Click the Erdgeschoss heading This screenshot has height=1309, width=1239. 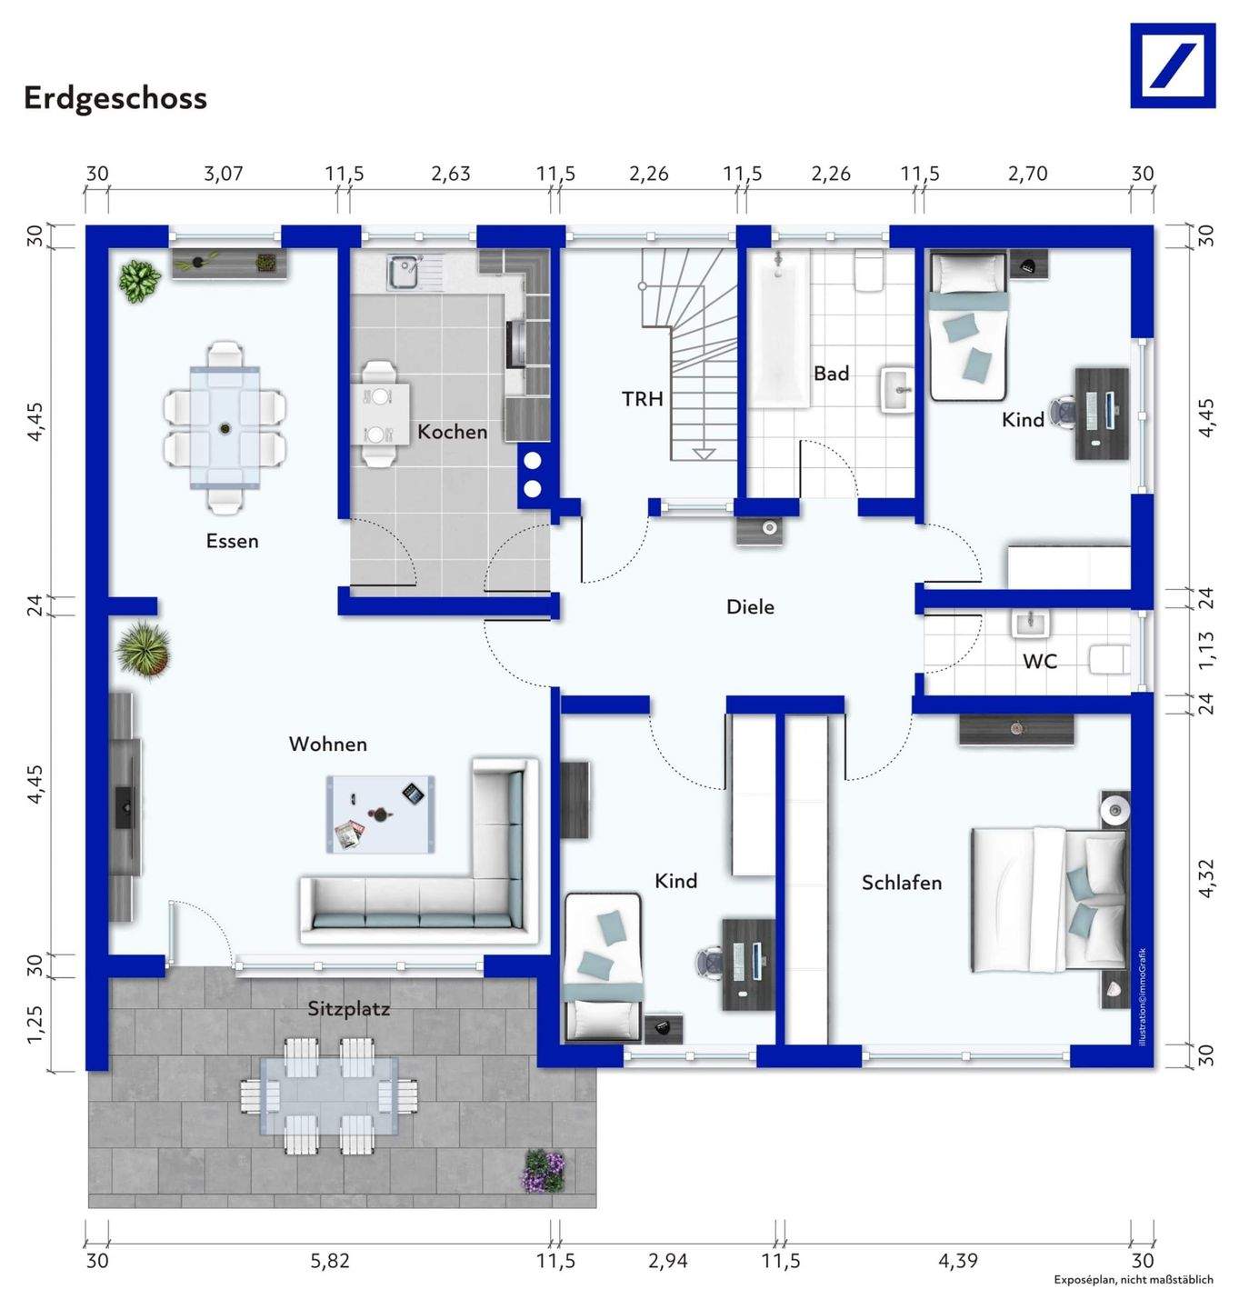coord(115,98)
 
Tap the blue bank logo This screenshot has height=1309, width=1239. coord(1173,65)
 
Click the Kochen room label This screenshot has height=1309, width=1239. coord(452,432)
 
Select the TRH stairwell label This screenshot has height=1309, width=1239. coord(642,399)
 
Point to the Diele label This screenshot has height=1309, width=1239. coord(750,606)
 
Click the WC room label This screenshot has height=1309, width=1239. coord(1040,661)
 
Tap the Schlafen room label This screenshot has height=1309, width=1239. coord(902,883)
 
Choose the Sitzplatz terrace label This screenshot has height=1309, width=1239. coord(348,1009)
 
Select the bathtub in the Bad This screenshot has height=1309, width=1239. coord(781,330)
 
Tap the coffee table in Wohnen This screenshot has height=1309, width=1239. coord(381,814)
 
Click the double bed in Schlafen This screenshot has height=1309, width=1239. coord(1049,900)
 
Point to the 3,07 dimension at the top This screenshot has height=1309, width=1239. coord(223,174)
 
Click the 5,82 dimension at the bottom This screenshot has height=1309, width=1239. coord(330,1261)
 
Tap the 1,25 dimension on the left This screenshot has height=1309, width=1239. coord(35,1024)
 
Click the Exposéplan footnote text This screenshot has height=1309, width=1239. coord(1134,1279)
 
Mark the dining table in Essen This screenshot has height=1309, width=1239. coord(225,427)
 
